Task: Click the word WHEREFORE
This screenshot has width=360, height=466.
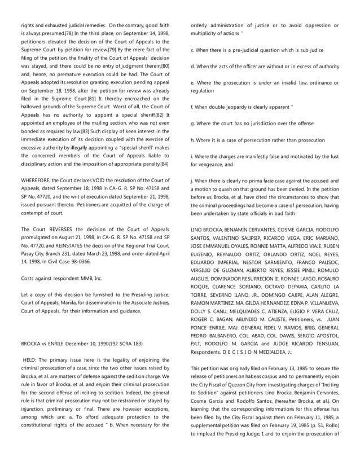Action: click(39, 180)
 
